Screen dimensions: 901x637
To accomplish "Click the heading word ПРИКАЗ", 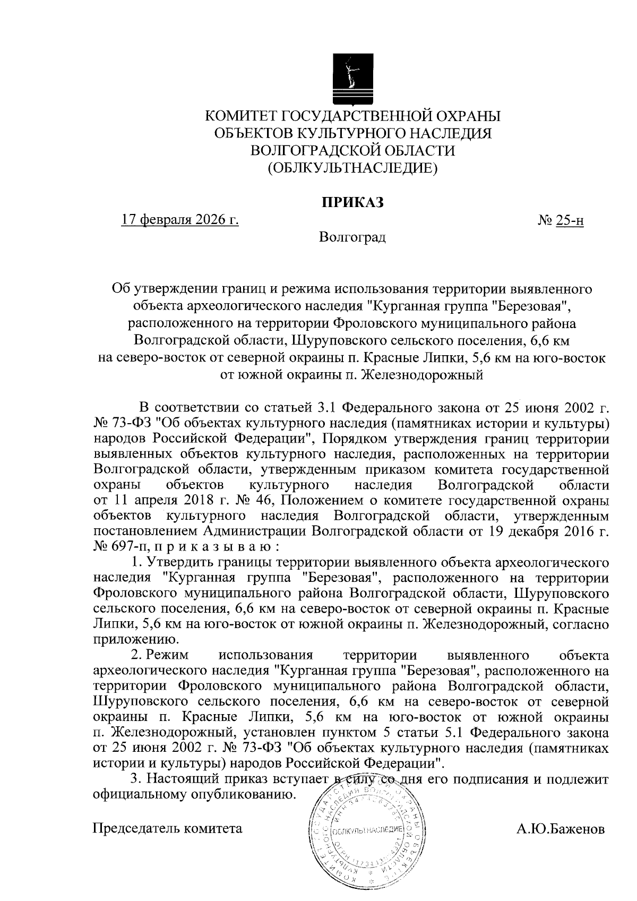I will point(352,203).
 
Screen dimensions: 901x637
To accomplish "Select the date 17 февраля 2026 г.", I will point(180,220).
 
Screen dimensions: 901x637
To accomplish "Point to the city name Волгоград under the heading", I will point(352,237).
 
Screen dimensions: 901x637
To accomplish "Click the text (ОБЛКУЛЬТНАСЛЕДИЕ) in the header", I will point(352,168).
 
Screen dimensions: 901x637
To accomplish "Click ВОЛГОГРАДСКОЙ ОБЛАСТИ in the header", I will point(352,151).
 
